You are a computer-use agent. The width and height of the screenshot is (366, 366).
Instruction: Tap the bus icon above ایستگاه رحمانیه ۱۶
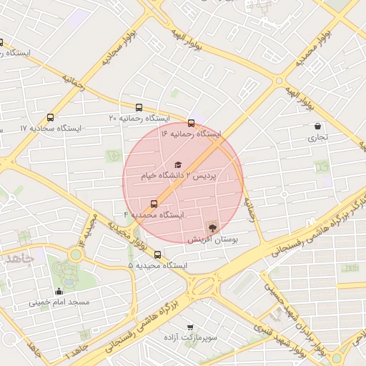191,122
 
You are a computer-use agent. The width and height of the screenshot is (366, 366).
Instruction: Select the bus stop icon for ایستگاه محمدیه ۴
154,203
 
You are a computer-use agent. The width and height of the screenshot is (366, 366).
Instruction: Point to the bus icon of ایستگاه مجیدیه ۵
157,254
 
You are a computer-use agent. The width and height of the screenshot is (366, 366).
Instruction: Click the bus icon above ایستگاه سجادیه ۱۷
50,117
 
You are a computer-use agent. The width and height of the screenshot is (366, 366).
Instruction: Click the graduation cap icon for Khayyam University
178,164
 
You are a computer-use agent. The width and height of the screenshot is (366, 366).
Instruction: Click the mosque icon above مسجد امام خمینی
59,291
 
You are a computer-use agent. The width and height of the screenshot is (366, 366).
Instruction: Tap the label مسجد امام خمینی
59,302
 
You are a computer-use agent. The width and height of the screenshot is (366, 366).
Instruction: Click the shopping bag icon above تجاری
317,127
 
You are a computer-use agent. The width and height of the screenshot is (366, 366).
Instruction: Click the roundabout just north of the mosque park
75,254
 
